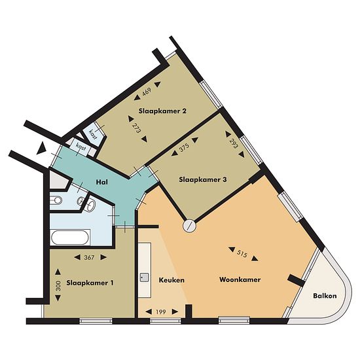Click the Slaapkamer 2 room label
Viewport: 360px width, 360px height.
coord(162,111)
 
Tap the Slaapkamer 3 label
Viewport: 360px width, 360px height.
coord(203,179)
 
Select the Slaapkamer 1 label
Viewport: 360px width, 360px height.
coord(90,283)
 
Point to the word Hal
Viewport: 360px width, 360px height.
coord(101,183)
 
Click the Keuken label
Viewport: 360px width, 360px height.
coord(171,280)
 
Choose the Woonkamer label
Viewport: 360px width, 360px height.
coord(240,279)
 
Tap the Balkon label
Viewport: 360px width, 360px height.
coord(325,296)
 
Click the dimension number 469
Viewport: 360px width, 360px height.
coord(147,92)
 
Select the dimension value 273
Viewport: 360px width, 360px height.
coord(137,128)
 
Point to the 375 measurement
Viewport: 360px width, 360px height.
coord(184,147)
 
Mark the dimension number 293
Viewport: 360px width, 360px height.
coord(234,143)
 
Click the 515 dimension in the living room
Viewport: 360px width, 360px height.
coord(242,254)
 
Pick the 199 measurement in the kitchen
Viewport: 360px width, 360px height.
coord(161,312)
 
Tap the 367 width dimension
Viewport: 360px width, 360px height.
coord(89,258)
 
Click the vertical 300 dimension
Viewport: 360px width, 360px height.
coord(58,285)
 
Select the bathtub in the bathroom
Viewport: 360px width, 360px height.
coord(70,238)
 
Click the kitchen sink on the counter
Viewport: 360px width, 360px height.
coord(145,278)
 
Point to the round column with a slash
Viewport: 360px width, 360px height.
coord(189,226)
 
